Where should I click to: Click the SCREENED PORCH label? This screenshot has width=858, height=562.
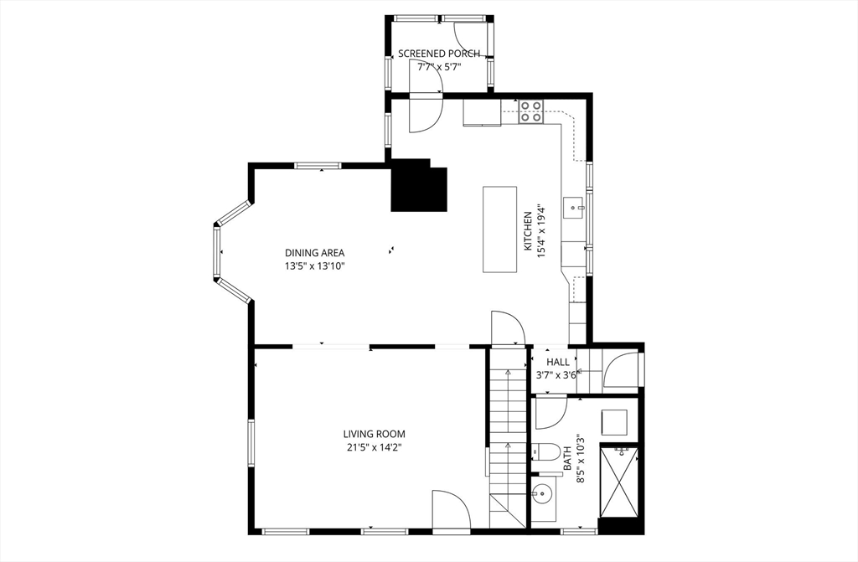(439, 54)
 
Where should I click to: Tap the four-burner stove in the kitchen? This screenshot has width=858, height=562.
(530, 111)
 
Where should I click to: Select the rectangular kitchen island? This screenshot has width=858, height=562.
(499, 229)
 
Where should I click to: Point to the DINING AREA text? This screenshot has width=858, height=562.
(314, 253)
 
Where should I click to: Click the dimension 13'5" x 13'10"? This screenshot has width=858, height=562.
(314, 266)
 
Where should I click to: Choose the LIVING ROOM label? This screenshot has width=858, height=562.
(374, 434)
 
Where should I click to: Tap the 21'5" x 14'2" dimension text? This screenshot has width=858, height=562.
(374, 447)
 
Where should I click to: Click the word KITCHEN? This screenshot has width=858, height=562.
(528, 231)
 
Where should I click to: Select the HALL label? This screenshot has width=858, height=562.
(558, 362)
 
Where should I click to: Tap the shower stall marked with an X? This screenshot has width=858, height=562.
(620, 482)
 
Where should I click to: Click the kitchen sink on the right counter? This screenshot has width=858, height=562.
(574, 206)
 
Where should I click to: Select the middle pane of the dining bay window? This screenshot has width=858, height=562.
(217, 252)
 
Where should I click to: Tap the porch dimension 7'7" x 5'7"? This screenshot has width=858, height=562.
(439, 66)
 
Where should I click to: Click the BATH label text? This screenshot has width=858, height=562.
(567, 457)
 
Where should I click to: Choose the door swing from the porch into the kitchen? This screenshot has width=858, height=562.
(424, 115)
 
